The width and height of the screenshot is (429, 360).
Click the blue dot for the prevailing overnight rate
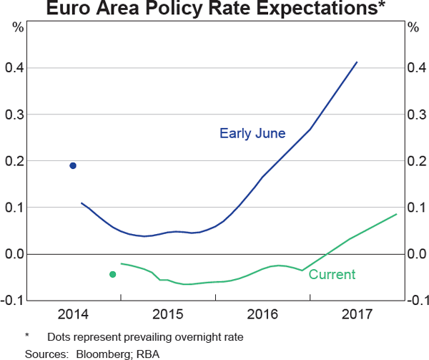[73, 165]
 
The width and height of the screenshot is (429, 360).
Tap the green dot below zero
[112, 274]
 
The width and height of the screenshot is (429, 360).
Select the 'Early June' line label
[252, 133]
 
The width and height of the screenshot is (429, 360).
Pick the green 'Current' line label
[332, 274]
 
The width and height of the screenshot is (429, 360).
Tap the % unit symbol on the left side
[18, 28]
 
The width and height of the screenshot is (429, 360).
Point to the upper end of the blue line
[357, 62]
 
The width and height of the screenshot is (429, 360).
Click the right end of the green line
[396, 214]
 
